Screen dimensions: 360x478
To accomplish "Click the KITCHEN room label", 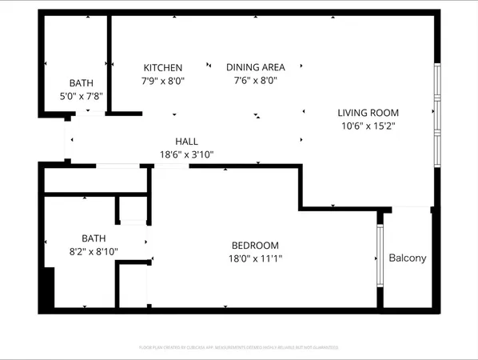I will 163,68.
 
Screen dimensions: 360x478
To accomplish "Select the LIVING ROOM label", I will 368,113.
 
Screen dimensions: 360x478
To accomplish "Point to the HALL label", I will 186,142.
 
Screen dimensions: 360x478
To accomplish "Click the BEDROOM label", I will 255,245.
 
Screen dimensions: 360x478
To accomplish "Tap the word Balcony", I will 408,258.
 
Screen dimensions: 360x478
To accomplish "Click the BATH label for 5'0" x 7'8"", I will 81,82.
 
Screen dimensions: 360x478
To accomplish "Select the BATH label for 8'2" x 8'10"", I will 94,238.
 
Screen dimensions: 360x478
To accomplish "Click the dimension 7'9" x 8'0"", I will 163,81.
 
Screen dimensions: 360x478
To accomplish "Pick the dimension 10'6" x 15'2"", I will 368,126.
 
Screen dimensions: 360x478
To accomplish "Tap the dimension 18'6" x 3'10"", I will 186,154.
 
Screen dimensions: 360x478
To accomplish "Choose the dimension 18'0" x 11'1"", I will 255,258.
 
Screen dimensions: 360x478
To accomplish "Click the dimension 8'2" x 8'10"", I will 94,250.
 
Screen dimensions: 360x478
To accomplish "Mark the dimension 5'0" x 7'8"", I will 81,95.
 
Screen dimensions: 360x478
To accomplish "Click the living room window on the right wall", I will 436,114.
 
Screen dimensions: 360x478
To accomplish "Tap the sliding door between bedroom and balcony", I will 380,255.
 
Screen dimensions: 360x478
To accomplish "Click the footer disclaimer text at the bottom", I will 239,347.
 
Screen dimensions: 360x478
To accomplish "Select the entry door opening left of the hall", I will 67,142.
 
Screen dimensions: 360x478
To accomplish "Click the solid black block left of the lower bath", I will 48,288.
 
